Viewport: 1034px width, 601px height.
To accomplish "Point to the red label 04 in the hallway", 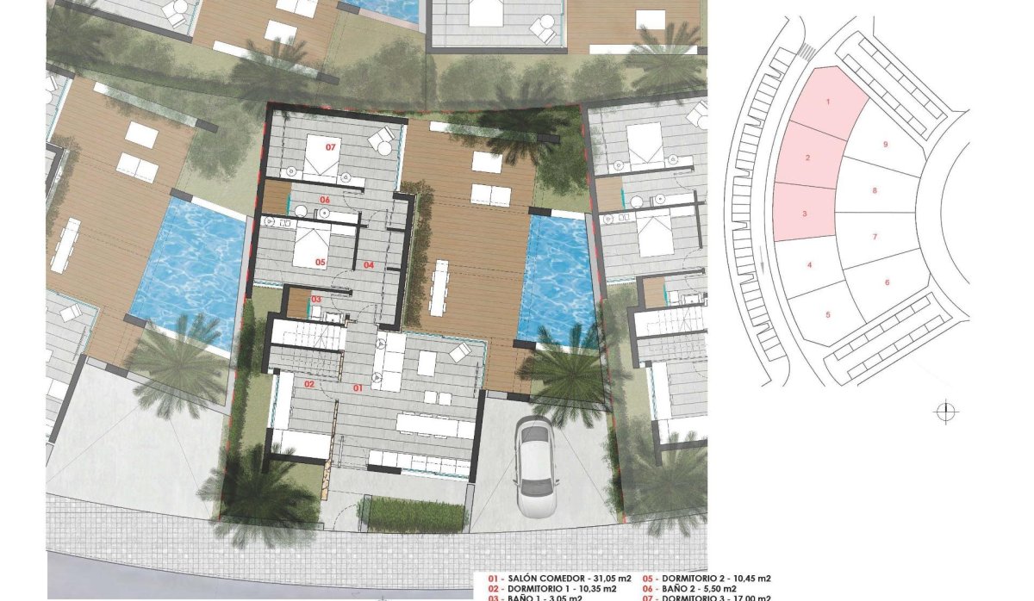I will coord(368,265).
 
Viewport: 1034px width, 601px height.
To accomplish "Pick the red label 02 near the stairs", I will coord(308,385).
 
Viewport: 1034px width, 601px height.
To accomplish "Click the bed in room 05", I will coord(313,247).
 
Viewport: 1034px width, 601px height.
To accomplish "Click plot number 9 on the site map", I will coord(885,145).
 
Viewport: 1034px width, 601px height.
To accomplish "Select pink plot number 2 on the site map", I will coord(807,158).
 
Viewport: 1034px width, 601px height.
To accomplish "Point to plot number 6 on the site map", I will coord(886,282).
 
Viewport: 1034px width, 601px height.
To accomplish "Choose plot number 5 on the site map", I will coord(827,314).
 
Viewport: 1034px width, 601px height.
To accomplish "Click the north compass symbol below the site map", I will coord(945,412).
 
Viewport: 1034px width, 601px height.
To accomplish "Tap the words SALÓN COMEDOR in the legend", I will coord(549,579).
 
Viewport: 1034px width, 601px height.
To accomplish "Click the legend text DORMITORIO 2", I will coord(697,579).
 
